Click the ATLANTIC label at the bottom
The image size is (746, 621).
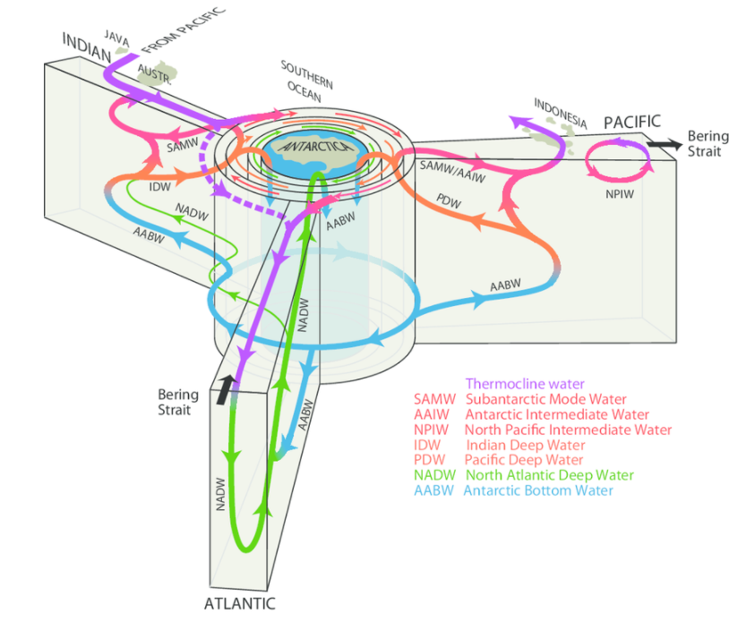(x=240, y=603)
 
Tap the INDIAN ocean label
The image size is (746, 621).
(x=87, y=47)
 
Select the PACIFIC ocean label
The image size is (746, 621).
(x=632, y=122)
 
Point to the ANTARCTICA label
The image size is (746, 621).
(x=315, y=147)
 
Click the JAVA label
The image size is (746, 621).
(x=116, y=38)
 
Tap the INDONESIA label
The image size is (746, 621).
(x=561, y=114)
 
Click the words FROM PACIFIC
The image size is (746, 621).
(x=184, y=30)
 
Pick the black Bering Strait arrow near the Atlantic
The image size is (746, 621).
(x=226, y=389)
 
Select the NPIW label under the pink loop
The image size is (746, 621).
(x=620, y=194)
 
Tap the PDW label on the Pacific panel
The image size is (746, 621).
(x=449, y=201)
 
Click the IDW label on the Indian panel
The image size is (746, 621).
(x=159, y=187)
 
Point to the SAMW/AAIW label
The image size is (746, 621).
(x=452, y=171)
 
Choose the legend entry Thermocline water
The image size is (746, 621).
(x=525, y=384)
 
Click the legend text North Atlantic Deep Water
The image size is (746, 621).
(x=550, y=475)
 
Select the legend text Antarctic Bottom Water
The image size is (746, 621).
(x=538, y=490)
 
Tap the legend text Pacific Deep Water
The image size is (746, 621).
(x=524, y=460)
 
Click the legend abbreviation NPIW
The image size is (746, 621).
(x=431, y=430)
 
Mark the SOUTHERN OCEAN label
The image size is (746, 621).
(x=307, y=81)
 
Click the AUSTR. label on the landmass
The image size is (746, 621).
(x=154, y=74)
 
